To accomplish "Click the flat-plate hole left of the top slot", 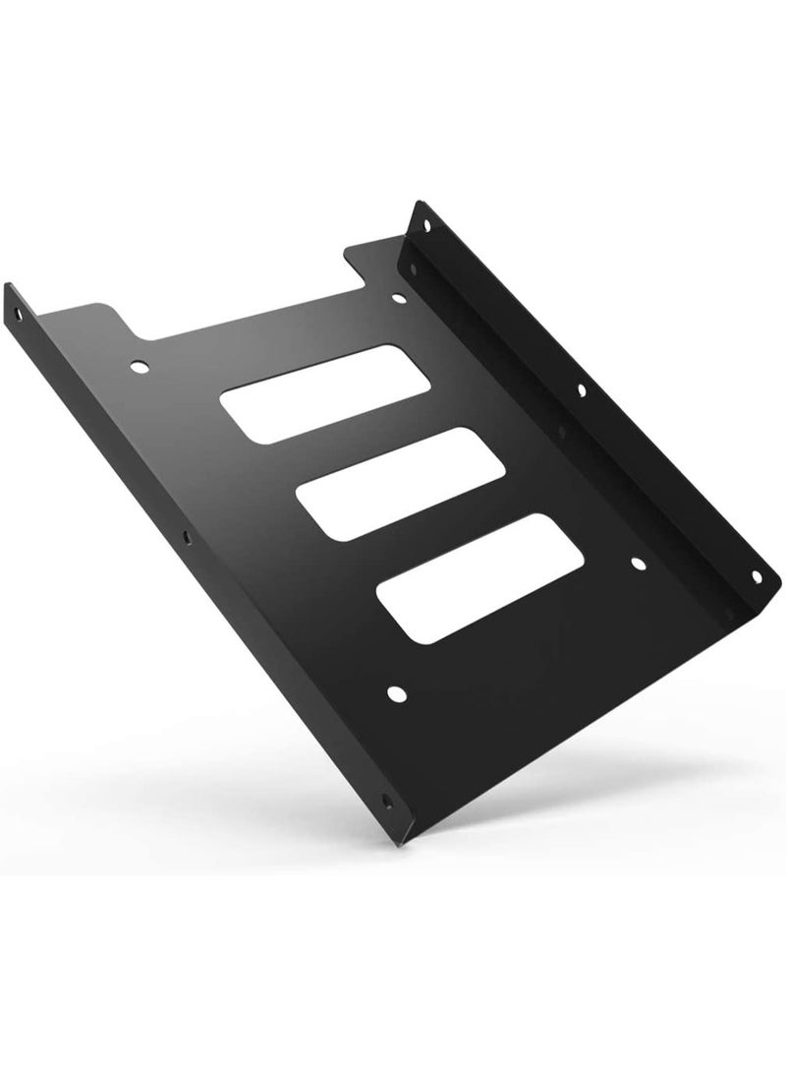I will (x=140, y=367).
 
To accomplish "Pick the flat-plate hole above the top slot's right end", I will (x=398, y=296).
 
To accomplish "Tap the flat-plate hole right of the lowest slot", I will (x=637, y=565).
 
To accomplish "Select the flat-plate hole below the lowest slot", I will (x=395, y=694).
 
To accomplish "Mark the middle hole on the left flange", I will (x=185, y=538).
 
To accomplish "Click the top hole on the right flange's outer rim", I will (x=426, y=224).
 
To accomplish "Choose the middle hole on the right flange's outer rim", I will (x=582, y=391).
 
